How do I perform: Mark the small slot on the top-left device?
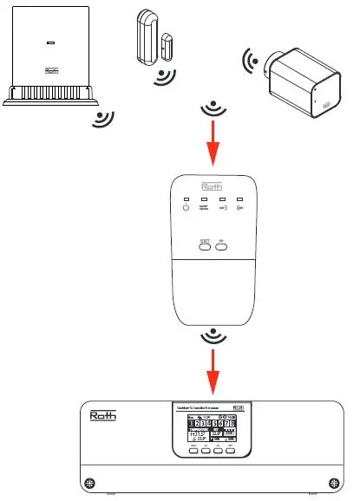point(49,42)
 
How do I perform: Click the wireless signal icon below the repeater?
point(211,335)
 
